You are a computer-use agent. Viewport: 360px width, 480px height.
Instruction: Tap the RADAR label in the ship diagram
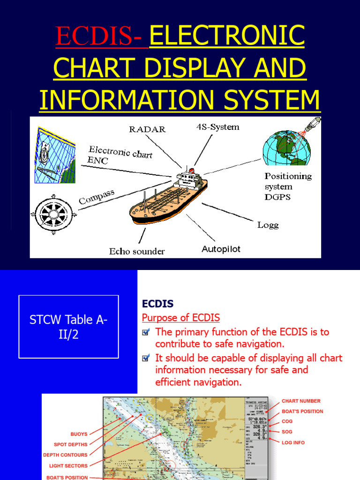pyautogui.click(x=148, y=129)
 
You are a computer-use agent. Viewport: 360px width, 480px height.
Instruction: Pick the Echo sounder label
pyautogui.click(x=137, y=251)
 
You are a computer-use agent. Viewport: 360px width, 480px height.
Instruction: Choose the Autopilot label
pyautogui.click(x=221, y=249)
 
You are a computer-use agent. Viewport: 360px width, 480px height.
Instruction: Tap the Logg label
pyautogui.click(x=268, y=225)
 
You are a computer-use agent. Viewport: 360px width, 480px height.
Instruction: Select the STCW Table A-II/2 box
pyautogui.click(x=68, y=327)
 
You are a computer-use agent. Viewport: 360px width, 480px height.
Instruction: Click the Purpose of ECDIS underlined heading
pyautogui.click(x=180, y=318)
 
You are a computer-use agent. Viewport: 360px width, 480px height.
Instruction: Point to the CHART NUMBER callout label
pyautogui.click(x=301, y=401)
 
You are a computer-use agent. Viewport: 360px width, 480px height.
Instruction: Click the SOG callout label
pyautogui.click(x=287, y=432)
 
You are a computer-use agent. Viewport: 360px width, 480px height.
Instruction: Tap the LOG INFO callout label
pyautogui.click(x=293, y=442)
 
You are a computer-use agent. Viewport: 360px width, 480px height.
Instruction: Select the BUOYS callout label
pyautogui.click(x=79, y=434)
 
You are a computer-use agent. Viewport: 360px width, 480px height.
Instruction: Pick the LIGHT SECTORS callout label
pyautogui.click(x=68, y=466)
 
